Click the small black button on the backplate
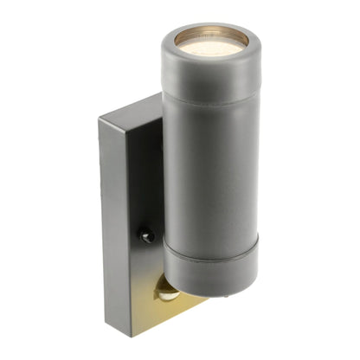(x=145, y=234)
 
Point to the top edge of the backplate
(x=130, y=105)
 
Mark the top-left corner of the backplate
(x=100, y=117)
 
